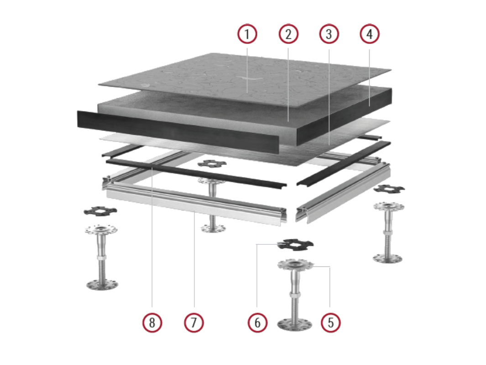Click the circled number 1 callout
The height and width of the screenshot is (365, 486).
click(x=247, y=34)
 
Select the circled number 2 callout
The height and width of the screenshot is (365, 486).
click(x=288, y=34)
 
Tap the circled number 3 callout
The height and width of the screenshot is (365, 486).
click(x=329, y=34)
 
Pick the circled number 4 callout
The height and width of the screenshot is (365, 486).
click(x=370, y=34)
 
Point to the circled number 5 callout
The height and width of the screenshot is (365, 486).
click(x=330, y=323)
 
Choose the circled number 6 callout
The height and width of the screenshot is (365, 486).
click(x=257, y=323)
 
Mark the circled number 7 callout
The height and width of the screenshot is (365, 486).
click(x=194, y=323)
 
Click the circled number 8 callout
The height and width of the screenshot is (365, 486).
click(x=152, y=323)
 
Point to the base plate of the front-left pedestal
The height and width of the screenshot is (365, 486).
click(x=102, y=285)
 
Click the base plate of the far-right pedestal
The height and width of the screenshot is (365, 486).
click(x=387, y=258)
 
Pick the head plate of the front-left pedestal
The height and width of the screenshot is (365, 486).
click(x=101, y=230)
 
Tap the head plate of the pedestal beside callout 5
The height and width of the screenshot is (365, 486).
click(x=295, y=265)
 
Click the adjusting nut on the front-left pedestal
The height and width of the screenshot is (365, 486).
click(x=102, y=258)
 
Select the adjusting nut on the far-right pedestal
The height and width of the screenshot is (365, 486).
click(x=388, y=233)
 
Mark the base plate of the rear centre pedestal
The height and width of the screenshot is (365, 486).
click(x=213, y=229)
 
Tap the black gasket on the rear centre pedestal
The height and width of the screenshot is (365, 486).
click(x=212, y=163)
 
